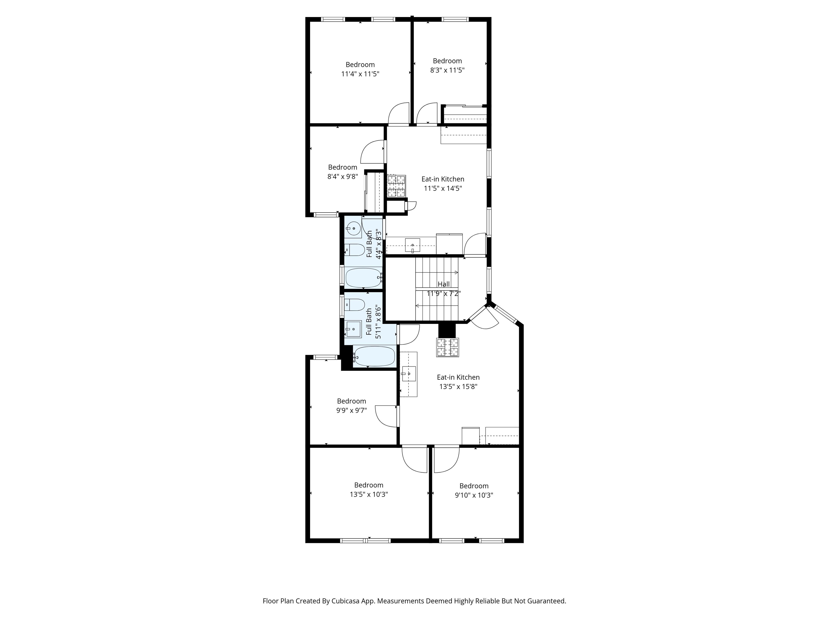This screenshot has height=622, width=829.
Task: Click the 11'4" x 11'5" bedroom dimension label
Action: (360, 74)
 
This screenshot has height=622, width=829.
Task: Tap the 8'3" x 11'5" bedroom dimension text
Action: (447, 70)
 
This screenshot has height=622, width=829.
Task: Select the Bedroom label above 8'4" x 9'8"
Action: (342, 167)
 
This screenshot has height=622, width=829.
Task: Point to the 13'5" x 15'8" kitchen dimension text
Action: (458, 387)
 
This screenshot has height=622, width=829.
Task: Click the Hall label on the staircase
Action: (444, 284)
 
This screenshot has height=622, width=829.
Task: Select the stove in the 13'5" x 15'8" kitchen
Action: (447, 347)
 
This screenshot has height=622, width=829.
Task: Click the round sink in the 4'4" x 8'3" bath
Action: (353, 228)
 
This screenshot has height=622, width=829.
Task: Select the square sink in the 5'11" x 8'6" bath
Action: (353, 329)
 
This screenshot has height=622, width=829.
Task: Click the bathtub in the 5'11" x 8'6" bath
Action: (374, 356)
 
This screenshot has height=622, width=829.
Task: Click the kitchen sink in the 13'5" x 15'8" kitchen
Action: (409, 374)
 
